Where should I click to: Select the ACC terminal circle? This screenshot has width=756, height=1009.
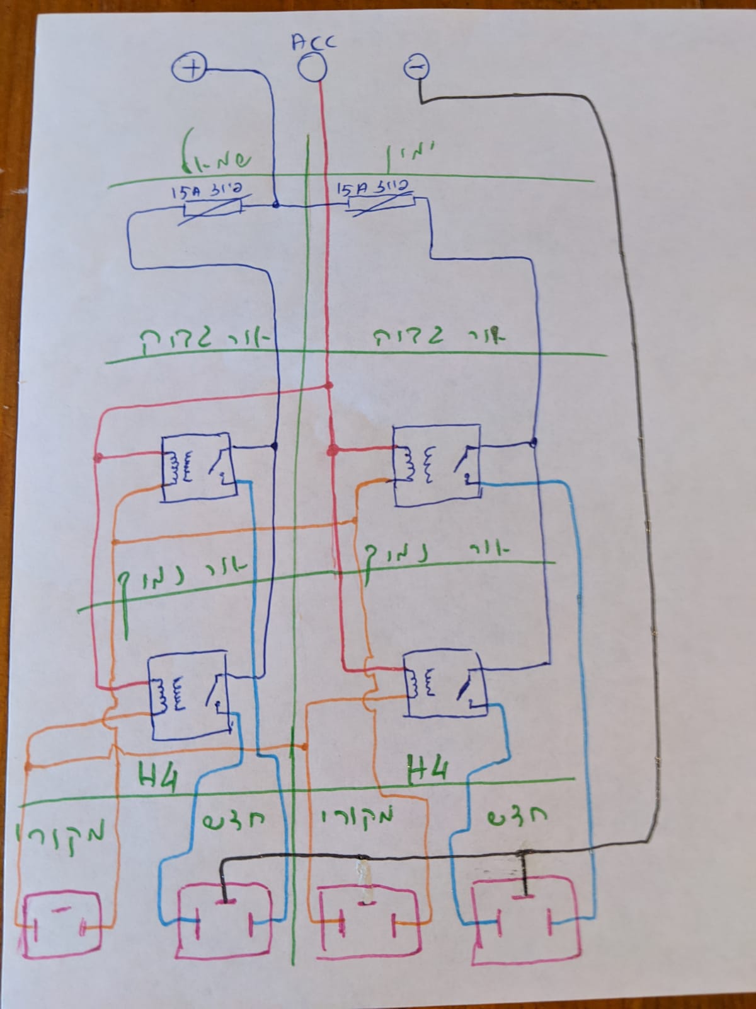coord(311,67)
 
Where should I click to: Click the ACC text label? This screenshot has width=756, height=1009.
coord(314,42)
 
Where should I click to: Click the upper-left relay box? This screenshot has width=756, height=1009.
coord(197,467)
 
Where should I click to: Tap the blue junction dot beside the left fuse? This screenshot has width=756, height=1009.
coord(276,205)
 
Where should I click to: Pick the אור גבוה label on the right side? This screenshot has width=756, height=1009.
coord(441,336)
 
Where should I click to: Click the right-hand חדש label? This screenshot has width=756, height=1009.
coord(518,817)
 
